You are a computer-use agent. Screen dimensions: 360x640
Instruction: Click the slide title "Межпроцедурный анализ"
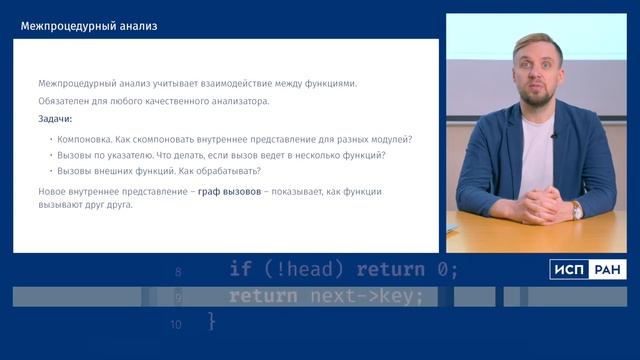88,26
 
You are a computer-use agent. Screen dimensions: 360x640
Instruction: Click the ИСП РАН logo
587,268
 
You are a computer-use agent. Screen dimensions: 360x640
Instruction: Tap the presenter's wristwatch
577,209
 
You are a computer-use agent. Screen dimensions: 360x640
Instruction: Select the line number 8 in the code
178,271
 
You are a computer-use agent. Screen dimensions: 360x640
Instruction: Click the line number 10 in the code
176,323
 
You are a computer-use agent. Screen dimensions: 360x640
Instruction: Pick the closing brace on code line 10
211,321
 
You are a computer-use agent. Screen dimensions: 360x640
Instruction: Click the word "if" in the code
240,268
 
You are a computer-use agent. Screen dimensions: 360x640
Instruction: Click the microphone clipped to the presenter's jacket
553,136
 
